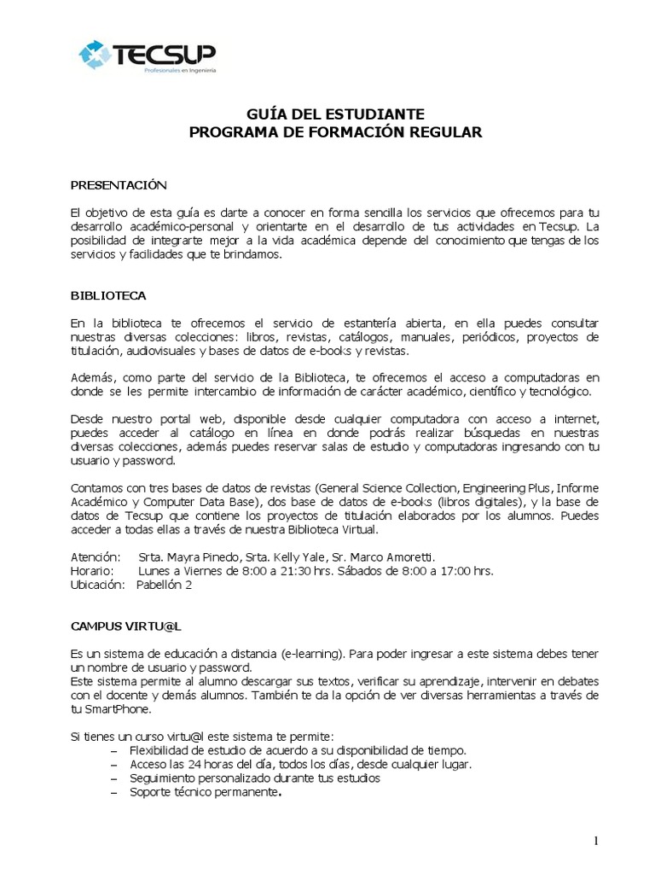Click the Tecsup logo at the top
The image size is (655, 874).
[x=147, y=55]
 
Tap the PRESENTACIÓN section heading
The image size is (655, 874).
[x=118, y=184]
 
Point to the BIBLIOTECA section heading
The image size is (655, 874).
[x=107, y=295]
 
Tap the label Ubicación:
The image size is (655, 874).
[x=97, y=585]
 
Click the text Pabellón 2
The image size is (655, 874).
[x=165, y=585]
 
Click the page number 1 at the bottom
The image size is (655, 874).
[x=596, y=841]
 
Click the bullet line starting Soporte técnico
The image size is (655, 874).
[x=206, y=791]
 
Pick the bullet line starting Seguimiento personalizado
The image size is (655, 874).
[x=255, y=778]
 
